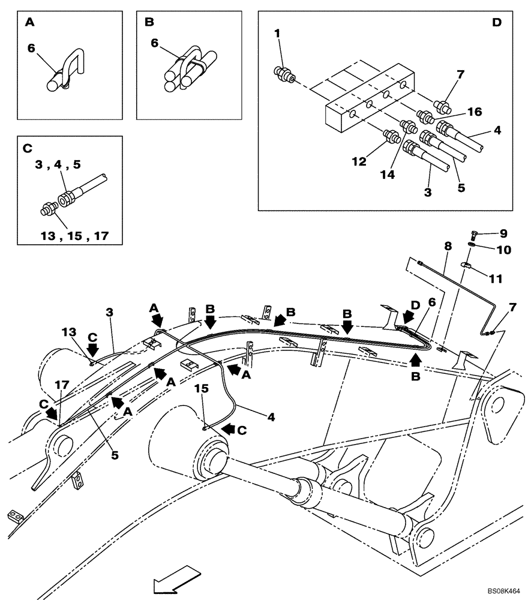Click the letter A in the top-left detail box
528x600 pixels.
29,23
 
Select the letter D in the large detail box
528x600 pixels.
496,23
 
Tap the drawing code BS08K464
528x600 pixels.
503,591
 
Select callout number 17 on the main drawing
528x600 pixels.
62,385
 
